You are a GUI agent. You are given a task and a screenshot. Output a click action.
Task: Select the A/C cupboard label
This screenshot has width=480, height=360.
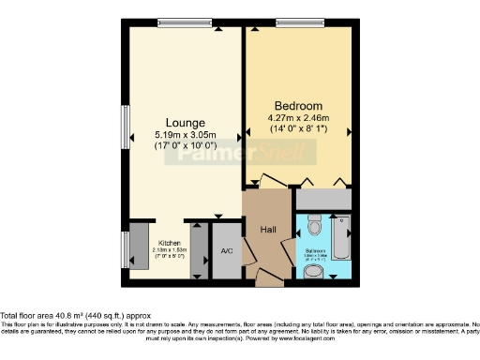pos(226,251)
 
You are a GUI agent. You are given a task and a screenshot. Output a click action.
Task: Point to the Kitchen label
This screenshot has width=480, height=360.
pos(169,242)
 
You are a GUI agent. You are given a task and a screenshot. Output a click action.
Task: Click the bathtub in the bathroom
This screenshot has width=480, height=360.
pos(341,239)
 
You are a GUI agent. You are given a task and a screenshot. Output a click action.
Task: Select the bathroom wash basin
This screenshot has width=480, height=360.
pos(316,271)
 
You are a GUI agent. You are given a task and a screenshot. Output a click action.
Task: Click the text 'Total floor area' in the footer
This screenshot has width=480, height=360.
pos(34,316)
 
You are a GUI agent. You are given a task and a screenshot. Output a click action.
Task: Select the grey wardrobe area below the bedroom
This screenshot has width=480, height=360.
pos(324,199)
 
